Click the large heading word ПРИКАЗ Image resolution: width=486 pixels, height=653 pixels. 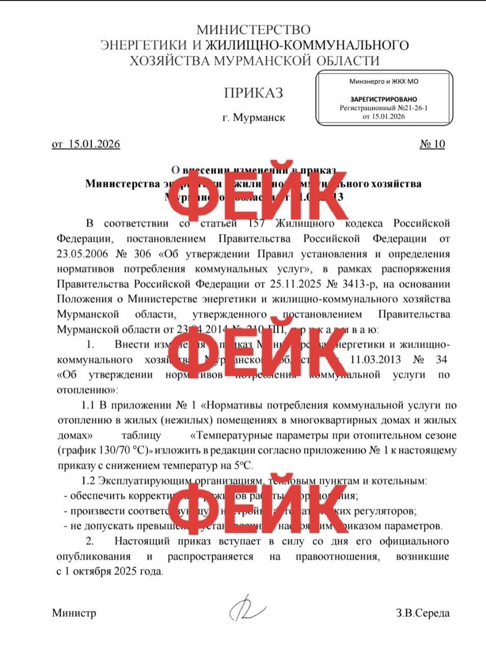click(253, 93)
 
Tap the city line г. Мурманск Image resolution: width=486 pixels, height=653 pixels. click(254, 118)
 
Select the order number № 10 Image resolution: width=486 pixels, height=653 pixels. click(432, 144)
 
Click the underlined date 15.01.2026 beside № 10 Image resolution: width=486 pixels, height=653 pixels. click(94, 144)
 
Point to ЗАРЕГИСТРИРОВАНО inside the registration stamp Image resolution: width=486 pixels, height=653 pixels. click(383, 99)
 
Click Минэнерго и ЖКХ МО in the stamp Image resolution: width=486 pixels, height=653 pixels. click(383, 81)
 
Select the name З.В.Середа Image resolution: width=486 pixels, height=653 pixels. click(422, 613)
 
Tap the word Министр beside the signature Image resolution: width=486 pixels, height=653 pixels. click(74, 613)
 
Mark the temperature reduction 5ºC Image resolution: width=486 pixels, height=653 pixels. click(244, 466)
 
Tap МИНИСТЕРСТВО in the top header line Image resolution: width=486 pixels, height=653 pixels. click(253, 30)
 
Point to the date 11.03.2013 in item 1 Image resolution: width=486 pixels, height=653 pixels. click(375, 360)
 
